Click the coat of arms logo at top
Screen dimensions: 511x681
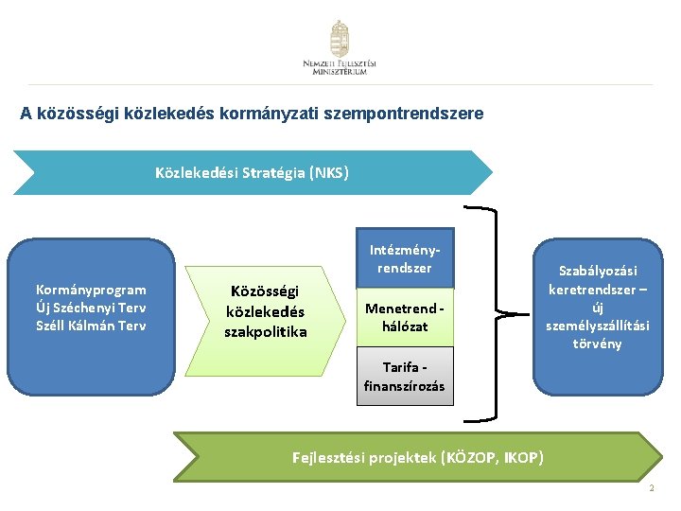pos(340,39)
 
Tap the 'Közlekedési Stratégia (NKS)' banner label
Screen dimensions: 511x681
pos(252,173)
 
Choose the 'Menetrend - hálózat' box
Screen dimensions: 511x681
pos(404,317)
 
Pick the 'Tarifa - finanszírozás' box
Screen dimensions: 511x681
pos(404,376)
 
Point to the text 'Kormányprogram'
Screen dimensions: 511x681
pos(91,290)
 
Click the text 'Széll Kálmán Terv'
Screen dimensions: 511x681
pos(91,326)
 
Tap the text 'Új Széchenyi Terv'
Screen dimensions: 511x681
pos(91,308)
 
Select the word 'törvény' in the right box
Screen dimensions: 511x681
pos(598,344)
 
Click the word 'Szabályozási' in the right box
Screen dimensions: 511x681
pos(598,271)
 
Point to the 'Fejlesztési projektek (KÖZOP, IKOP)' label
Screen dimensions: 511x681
pos(418,458)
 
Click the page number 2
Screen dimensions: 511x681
pos(653,488)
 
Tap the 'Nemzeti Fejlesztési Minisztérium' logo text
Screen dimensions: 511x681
pos(340,67)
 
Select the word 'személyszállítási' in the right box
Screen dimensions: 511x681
pos(598,326)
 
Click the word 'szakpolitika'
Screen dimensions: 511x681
pos(265,331)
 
